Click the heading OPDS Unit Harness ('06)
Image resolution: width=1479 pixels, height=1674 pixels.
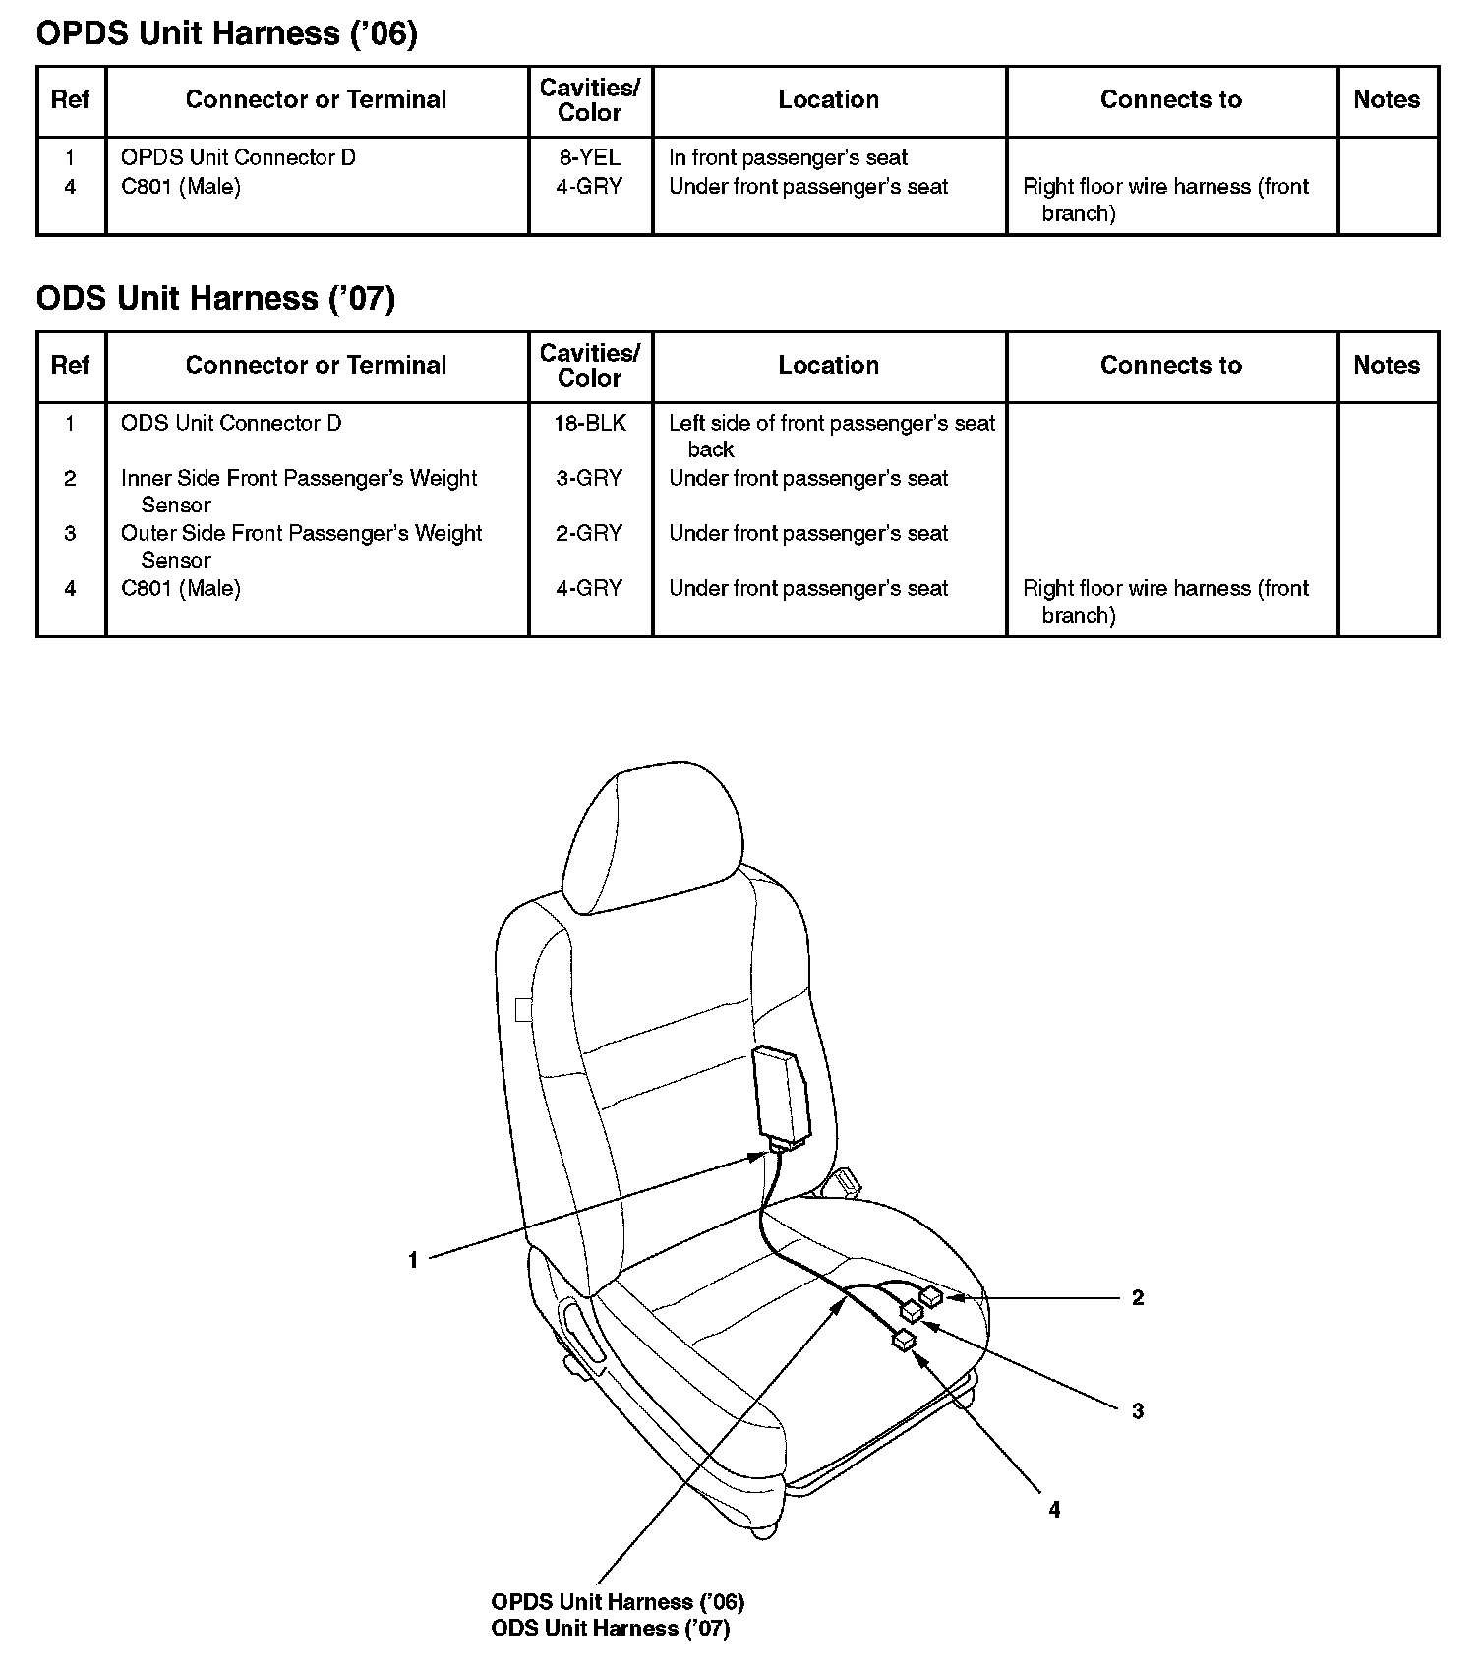coord(226,33)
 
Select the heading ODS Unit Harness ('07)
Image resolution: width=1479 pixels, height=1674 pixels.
coord(215,298)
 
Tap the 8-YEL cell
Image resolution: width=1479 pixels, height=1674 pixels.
coord(589,157)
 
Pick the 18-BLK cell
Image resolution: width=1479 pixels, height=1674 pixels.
coord(589,423)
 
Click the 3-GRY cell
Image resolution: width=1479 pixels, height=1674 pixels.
coord(589,478)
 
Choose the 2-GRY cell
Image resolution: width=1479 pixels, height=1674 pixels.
coord(589,533)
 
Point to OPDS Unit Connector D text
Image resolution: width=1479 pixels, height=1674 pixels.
coord(238,157)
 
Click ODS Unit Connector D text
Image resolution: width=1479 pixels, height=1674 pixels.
coord(231,423)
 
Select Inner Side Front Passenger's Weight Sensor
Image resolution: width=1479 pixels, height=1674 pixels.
coord(298,491)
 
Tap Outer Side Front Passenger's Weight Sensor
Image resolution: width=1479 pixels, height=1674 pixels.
coord(301,546)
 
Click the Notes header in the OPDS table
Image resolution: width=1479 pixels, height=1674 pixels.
coord(1387,99)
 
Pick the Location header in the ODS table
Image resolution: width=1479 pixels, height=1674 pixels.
coord(828,365)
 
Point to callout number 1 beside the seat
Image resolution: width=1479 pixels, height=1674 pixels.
coord(413,1260)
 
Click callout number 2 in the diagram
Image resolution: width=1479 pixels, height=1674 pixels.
coord(1138,1298)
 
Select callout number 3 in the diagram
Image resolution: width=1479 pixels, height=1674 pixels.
coord(1138,1411)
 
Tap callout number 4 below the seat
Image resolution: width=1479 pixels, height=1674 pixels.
coord(1054,1510)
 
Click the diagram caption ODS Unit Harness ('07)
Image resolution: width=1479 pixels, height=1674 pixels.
coord(610,1629)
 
